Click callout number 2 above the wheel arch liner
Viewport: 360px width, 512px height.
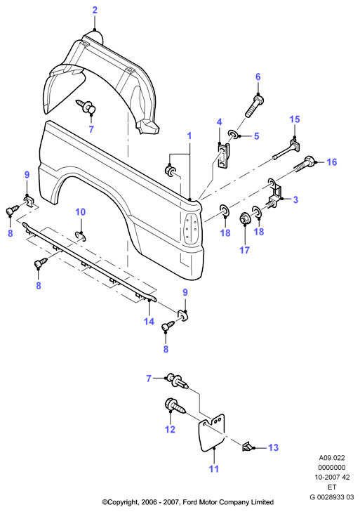(95, 10)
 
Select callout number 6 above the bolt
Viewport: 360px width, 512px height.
(258, 77)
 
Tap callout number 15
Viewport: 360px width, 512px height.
(295, 119)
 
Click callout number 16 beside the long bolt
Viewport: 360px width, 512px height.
(332, 162)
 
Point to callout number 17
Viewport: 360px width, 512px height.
(244, 250)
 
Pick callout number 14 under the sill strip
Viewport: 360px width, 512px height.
(149, 321)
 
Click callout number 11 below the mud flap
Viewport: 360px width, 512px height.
(214, 469)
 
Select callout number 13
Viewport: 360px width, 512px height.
(274, 447)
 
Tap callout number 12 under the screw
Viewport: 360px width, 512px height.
(170, 429)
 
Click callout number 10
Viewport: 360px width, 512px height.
(80, 212)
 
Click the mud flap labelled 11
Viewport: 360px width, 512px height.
(211, 433)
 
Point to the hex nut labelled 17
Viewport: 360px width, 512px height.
(244, 218)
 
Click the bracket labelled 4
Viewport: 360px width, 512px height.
(223, 155)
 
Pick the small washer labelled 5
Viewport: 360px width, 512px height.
(233, 134)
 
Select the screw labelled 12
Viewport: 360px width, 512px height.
(175, 406)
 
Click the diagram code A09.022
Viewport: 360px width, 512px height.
(332, 458)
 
